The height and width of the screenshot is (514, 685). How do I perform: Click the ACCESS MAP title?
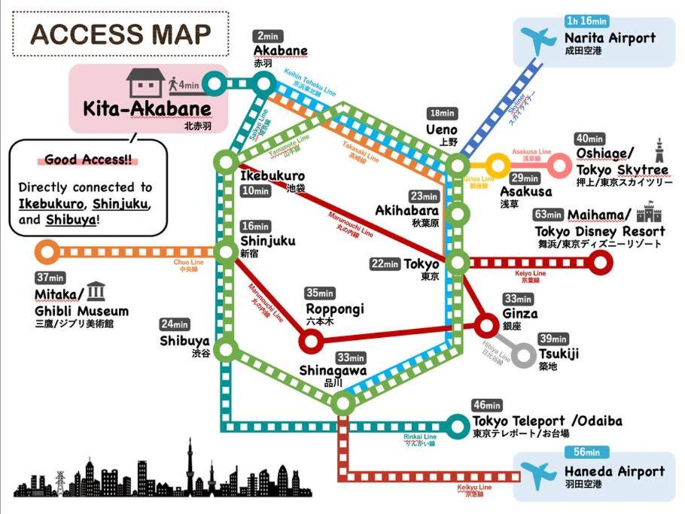[x=120, y=34]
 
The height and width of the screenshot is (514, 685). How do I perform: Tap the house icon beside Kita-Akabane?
[x=145, y=83]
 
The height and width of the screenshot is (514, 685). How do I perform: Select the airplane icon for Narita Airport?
[x=540, y=39]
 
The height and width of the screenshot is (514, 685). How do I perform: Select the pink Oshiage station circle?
[x=559, y=165]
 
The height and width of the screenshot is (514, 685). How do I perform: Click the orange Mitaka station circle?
[x=47, y=252]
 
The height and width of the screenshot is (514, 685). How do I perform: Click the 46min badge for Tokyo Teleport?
[x=487, y=406]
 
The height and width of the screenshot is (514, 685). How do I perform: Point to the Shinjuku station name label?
[x=268, y=241]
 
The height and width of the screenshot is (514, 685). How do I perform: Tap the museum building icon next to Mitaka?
[x=96, y=291]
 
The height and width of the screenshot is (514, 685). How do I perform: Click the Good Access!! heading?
[x=76, y=160]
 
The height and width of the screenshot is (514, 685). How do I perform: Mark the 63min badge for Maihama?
[x=548, y=214]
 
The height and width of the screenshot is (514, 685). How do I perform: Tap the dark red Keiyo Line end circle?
[x=599, y=262]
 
